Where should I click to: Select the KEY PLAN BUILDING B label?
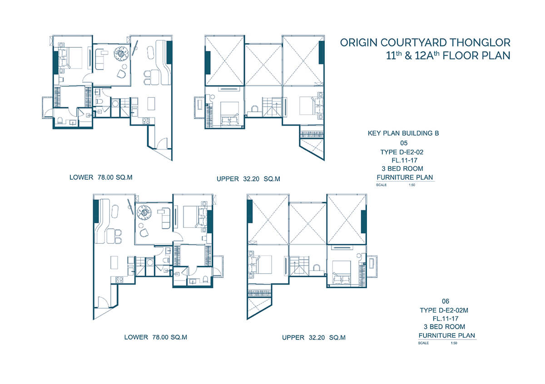coord(403,134)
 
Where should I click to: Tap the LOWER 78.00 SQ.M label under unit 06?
coord(155,337)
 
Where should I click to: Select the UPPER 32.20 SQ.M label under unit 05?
coord(248,179)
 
